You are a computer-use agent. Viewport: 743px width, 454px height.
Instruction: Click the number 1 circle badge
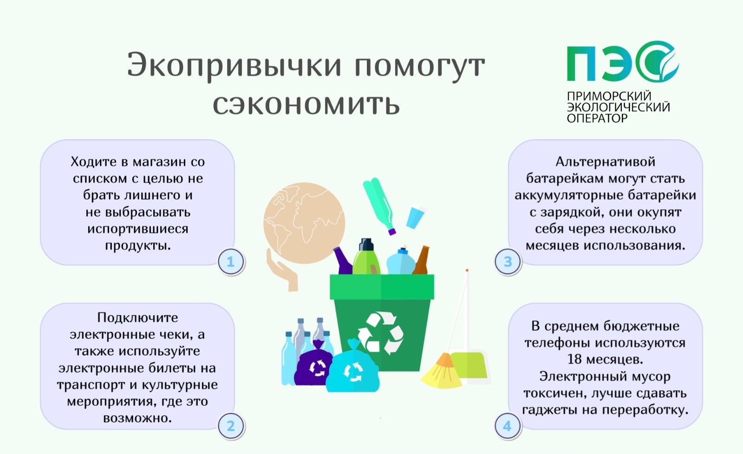click(231, 262)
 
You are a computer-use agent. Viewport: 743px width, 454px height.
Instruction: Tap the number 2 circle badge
click(231, 426)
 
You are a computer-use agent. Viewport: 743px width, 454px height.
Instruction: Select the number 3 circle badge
click(508, 262)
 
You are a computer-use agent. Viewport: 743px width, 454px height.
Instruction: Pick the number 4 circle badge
click(508, 426)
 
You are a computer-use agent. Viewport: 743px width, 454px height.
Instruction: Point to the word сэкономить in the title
click(306, 104)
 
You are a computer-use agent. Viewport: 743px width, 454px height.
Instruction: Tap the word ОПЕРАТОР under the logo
click(597, 118)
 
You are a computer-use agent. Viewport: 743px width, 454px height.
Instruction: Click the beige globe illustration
click(304, 223)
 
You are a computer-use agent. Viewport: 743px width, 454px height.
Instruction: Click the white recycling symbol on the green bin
click(380, 332)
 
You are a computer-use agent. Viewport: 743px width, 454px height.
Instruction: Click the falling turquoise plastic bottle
click(379, 206)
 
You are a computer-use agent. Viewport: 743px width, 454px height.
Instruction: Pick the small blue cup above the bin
click(416, 217)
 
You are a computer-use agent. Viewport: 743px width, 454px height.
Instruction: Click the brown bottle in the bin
click(421, 260)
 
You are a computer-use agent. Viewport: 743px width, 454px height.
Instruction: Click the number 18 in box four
click(574, 359)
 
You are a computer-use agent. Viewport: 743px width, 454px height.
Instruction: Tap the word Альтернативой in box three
click(606, 162)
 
